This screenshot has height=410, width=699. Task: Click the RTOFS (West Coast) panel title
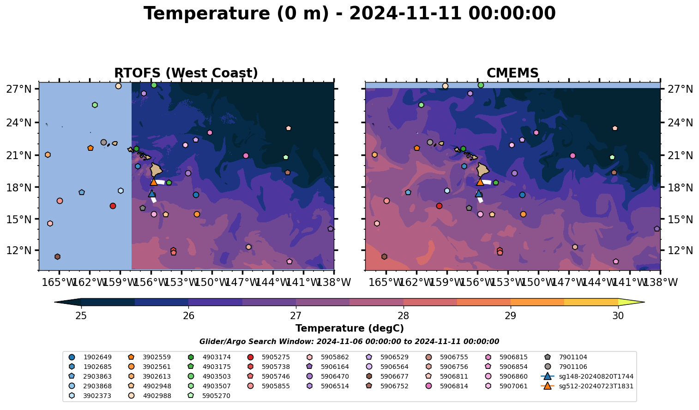click(186, 73)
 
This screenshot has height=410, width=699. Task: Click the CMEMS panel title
click(512, 73)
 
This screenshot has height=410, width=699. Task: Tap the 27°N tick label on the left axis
click(19, 89)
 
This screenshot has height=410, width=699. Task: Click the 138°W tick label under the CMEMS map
click(663, 282)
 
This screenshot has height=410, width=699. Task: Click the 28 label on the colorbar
click(403, 316)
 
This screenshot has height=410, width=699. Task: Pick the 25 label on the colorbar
click(81, 316)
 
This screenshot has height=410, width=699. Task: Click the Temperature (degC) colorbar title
click(349, 328)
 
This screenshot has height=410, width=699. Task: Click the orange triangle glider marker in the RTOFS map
click(154, 182)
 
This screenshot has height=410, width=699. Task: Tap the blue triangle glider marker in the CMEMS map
click(479, 193)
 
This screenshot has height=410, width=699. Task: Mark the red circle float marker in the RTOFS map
click(113, 206)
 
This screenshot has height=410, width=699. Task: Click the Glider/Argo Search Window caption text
click(349, 342)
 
